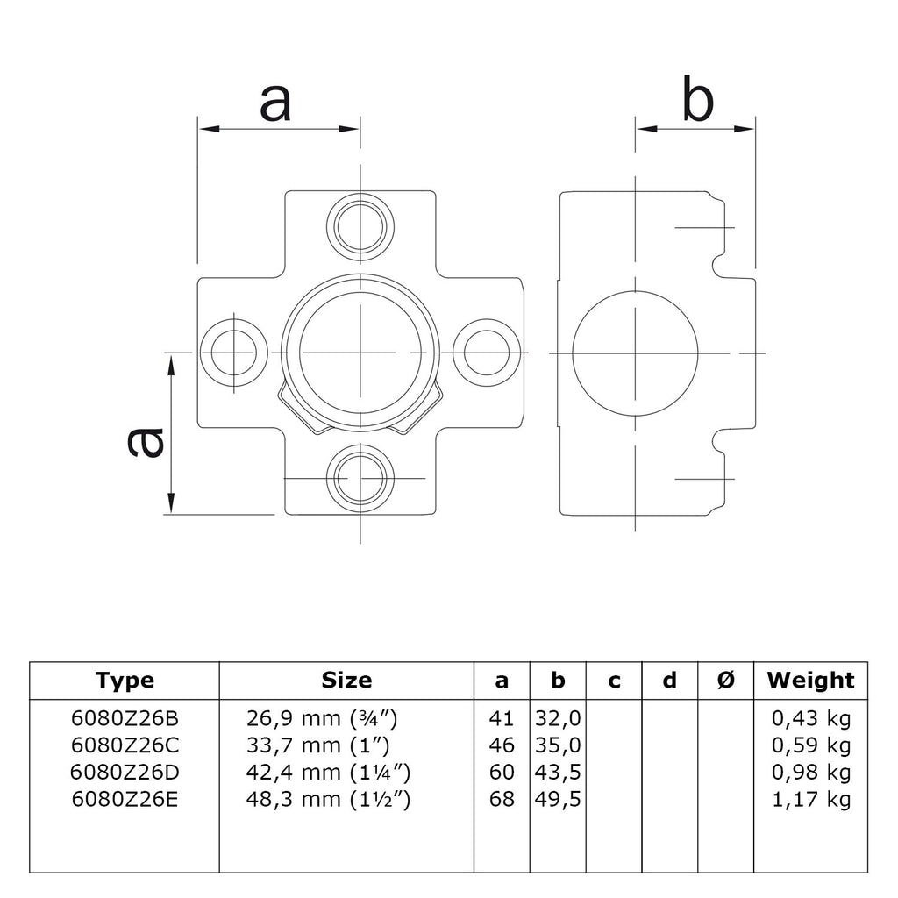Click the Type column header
[125, 681]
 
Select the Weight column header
[810, 680]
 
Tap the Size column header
[346, 680]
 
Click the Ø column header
[725, 681]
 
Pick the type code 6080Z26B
[125, 717]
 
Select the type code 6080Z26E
[125, 799]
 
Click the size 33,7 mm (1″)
[317, 745]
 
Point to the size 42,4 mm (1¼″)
[328, 772]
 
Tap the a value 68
[502, 799]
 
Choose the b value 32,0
[558, 718]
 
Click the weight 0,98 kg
[811, 773]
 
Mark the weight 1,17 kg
[811, 800]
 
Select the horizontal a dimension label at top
[275, 103]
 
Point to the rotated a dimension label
[145, 442]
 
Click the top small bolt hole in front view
[360, 227]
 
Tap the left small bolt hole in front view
[233, 353]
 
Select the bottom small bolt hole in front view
[360, 478]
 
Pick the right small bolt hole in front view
[487, 353]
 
